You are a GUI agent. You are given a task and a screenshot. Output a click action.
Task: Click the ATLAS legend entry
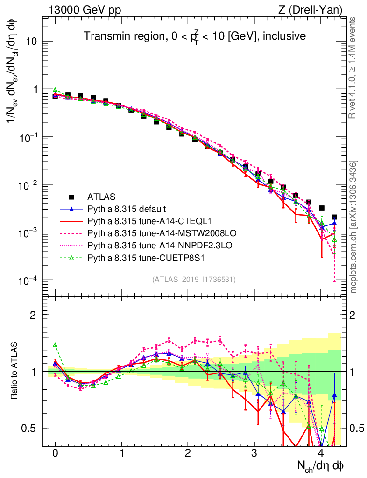click(101, 197)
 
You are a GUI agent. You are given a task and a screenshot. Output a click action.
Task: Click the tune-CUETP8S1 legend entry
click(135, 257)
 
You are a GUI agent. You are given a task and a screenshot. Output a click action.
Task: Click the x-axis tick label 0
click(55, 453)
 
